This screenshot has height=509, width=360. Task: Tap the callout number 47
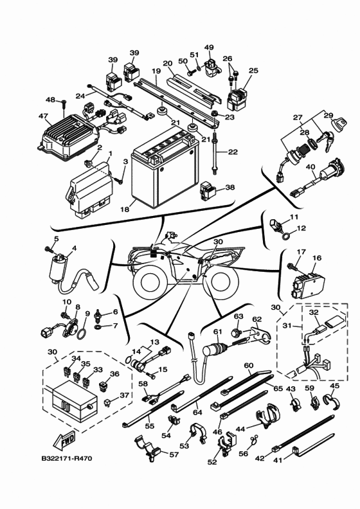click(43, 116)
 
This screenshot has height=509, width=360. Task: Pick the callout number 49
click(208, 48)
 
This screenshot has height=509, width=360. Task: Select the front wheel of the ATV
click(151, 281)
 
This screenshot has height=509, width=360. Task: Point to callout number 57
click(174, 454)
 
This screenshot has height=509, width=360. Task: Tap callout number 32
click(313, 313)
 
